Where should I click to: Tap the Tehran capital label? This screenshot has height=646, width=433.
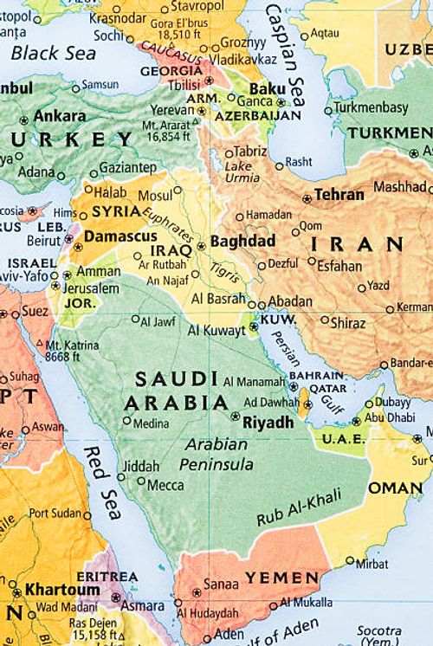(x=339, y=195)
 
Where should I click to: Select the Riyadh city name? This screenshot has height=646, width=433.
(x=268, y=423)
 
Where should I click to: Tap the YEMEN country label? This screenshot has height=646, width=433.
(x=281, y=577)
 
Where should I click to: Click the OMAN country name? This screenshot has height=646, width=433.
(x=395, y=488)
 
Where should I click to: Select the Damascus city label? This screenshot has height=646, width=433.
(x=120, y=236)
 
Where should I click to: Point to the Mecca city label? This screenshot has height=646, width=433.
(x=165, y=485)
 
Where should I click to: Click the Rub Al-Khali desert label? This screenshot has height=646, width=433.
(x=299, y=508)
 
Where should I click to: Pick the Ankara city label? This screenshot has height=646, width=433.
(x=59, y=116)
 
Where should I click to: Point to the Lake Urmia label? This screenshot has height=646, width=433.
(x=242, y=171)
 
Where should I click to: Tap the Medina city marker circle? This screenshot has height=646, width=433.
(x=127, y=421)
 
